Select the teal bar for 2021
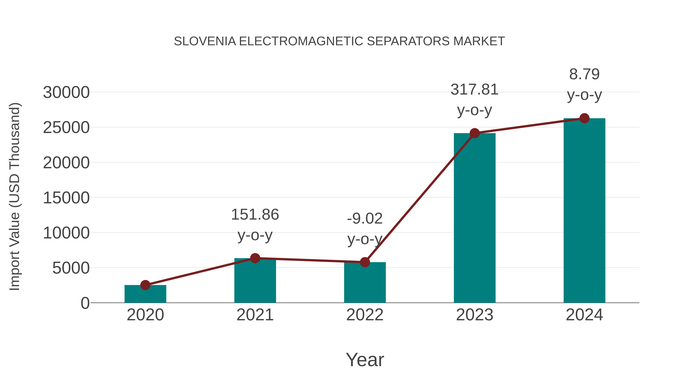(x=255, y=281)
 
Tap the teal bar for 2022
(x=365, y=282)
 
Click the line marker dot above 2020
(x=145, y=285)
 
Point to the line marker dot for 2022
(x=365, y=262)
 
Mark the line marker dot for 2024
(x=584, y=118)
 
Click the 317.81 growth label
(x=475, y=90)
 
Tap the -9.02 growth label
(x=365, y=219)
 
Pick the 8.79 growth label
(x=584, y=74)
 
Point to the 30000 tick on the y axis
(x=66, y=93)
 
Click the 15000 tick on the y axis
(x=66, y=198)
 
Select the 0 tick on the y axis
(x=85, y=303)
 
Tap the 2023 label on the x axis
(x=475, y=315)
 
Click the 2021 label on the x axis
(x=255, y=315)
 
